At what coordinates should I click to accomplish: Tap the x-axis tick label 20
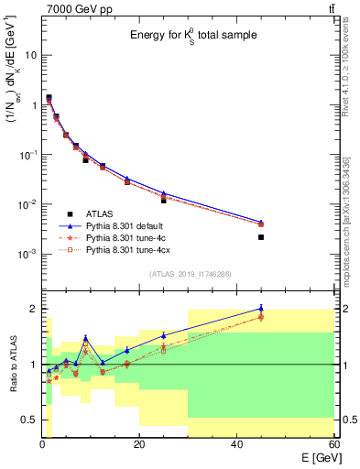pos(138,445)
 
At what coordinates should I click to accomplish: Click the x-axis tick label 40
pos(236,445)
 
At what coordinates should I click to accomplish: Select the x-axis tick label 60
pos(333,445)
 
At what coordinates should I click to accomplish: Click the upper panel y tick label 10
pos(30,55)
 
